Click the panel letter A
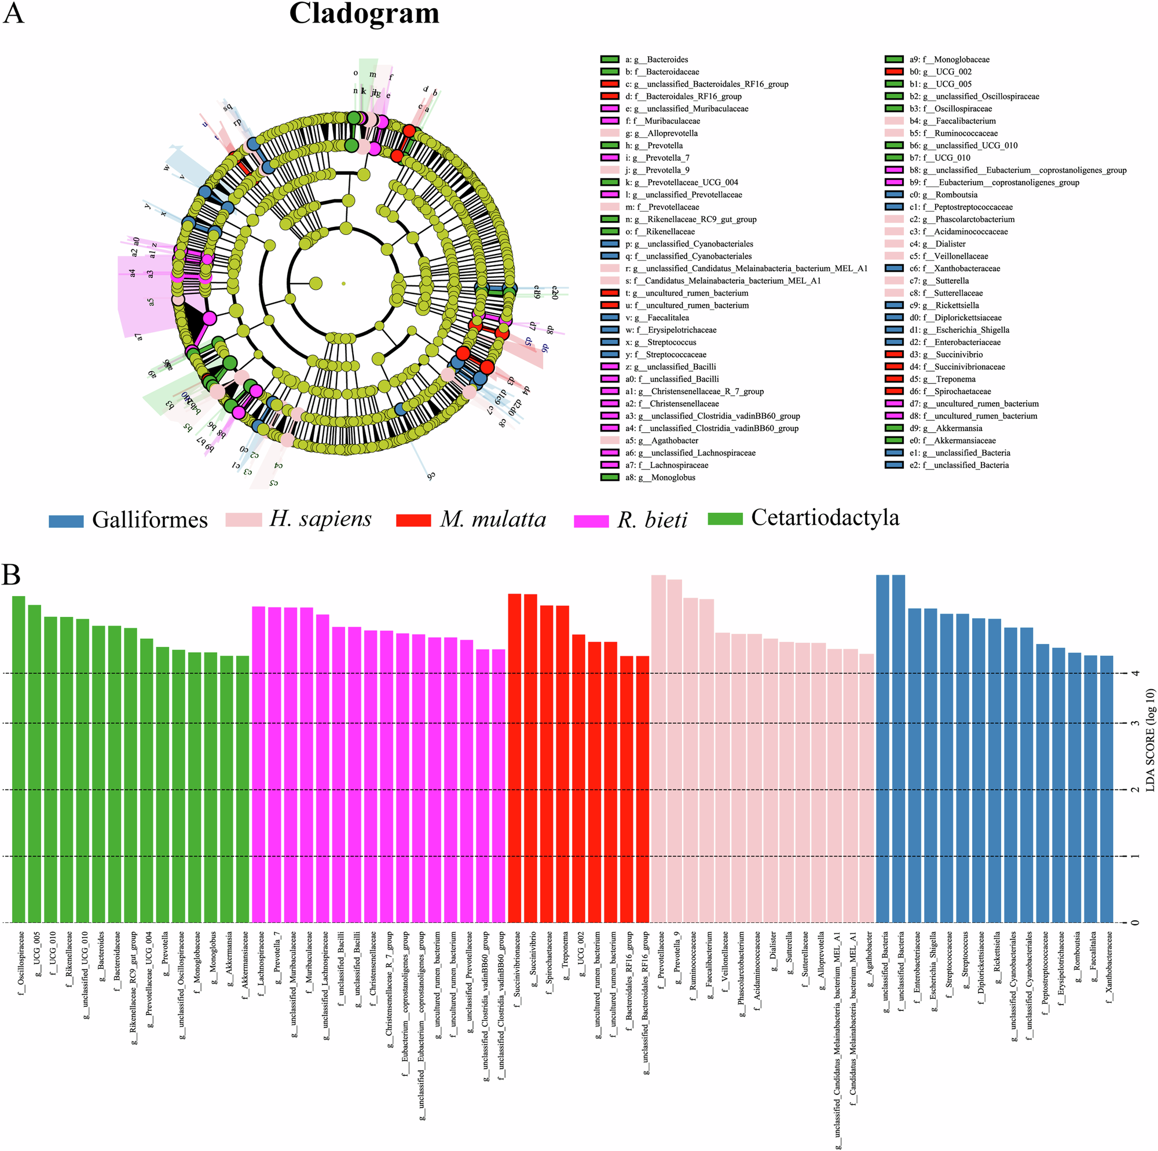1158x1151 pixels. (x=13, y=13)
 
